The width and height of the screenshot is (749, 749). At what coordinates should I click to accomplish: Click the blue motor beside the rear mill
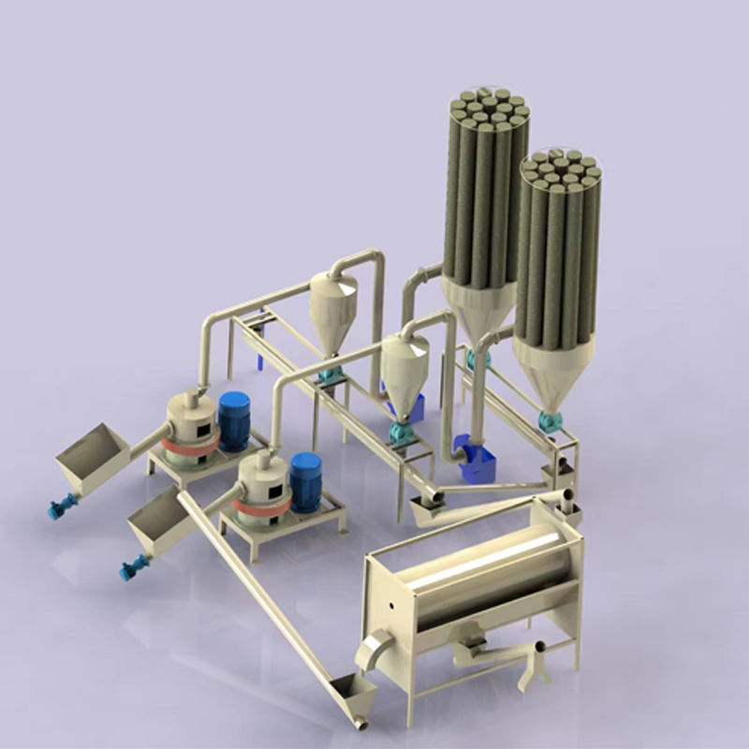click(234, 419)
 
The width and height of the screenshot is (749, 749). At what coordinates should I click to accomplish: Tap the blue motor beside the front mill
click(306, 481)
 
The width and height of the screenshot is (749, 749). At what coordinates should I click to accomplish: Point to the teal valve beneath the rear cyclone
click(330, 375)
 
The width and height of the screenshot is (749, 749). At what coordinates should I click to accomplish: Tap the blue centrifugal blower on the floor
click(472, 459)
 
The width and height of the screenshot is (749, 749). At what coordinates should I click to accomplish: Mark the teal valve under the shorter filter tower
click(551, 421)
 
